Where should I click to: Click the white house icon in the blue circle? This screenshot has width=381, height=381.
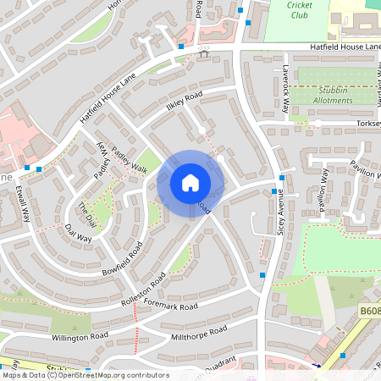pyautogui.click(x=190, y=183)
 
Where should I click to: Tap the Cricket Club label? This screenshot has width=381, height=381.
pyautogui.click(x=299, y=9)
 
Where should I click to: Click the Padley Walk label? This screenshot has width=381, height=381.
pyautogui.click(x=129, y=159)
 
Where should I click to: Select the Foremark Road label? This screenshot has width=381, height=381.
pyautogui.click(x=170, y=306)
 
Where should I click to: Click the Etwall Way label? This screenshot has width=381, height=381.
pyautogui.click(x=23, y=203)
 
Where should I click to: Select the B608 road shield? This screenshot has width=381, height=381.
pyautogui.click(x=369, y=312)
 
